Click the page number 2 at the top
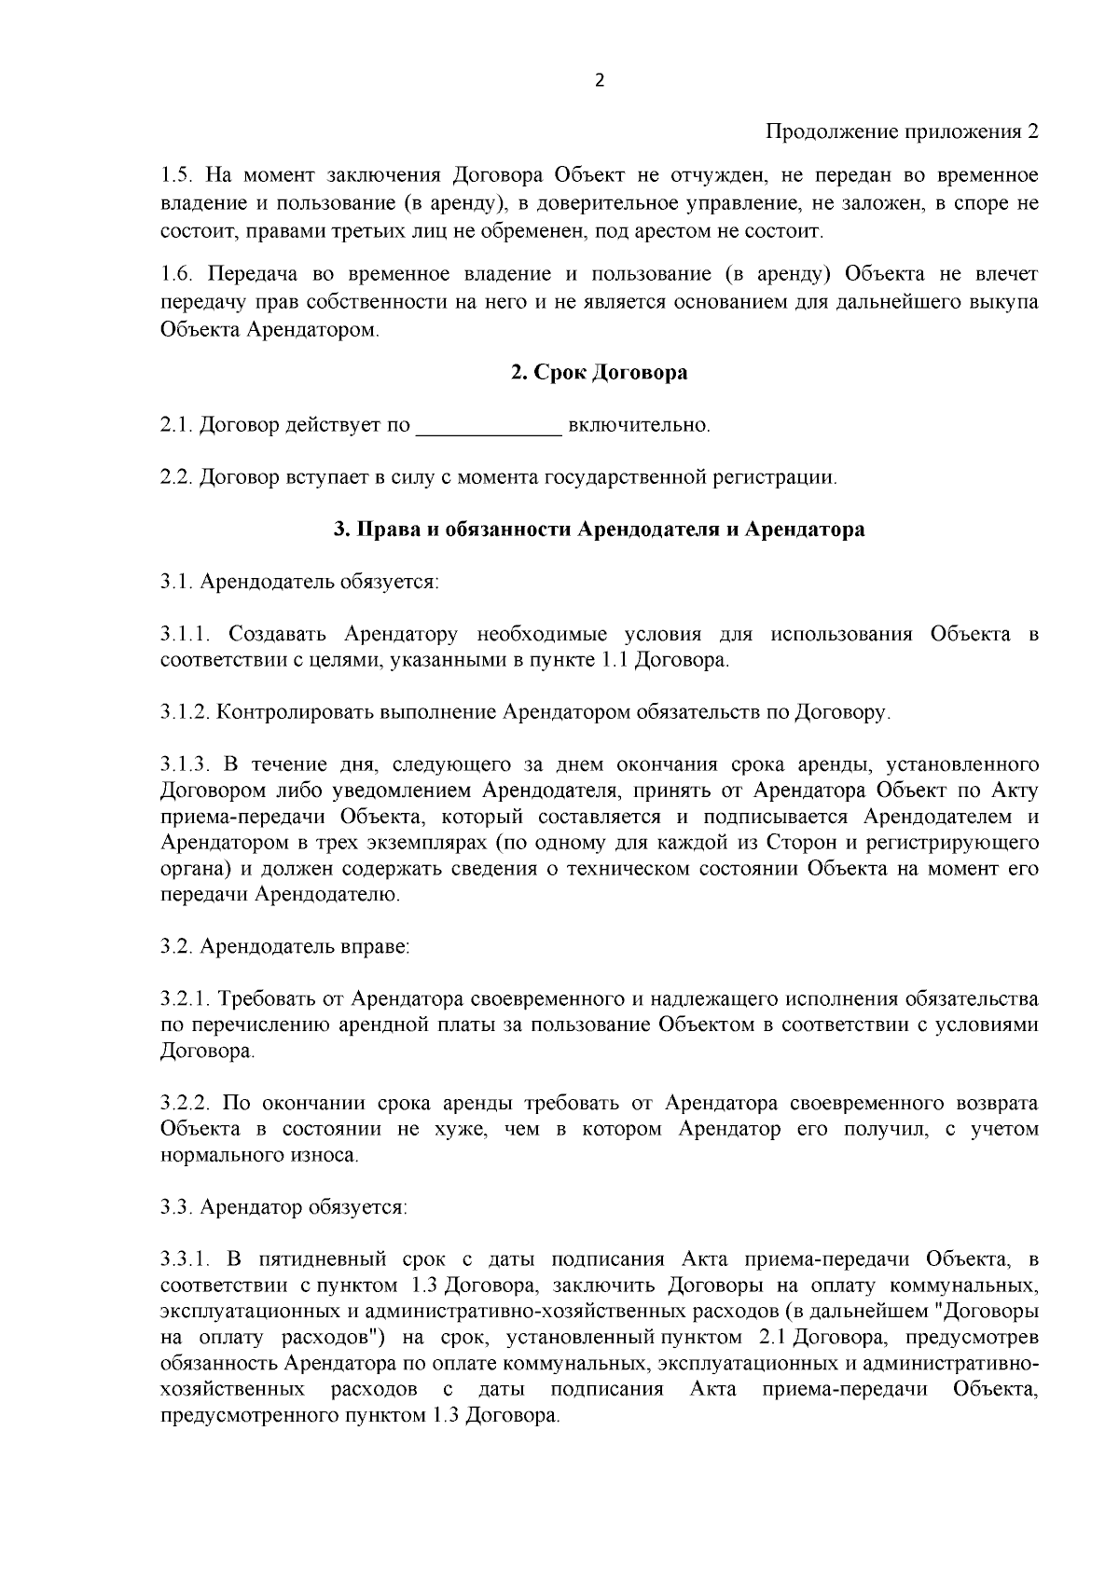(599, 81)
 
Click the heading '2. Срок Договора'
(599, 373)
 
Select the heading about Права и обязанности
(599, 530)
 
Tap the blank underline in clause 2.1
(488, 429)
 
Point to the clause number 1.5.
(176, 176)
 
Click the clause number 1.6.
(176, 274)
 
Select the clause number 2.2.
(176, 478)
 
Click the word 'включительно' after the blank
(639, 426)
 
